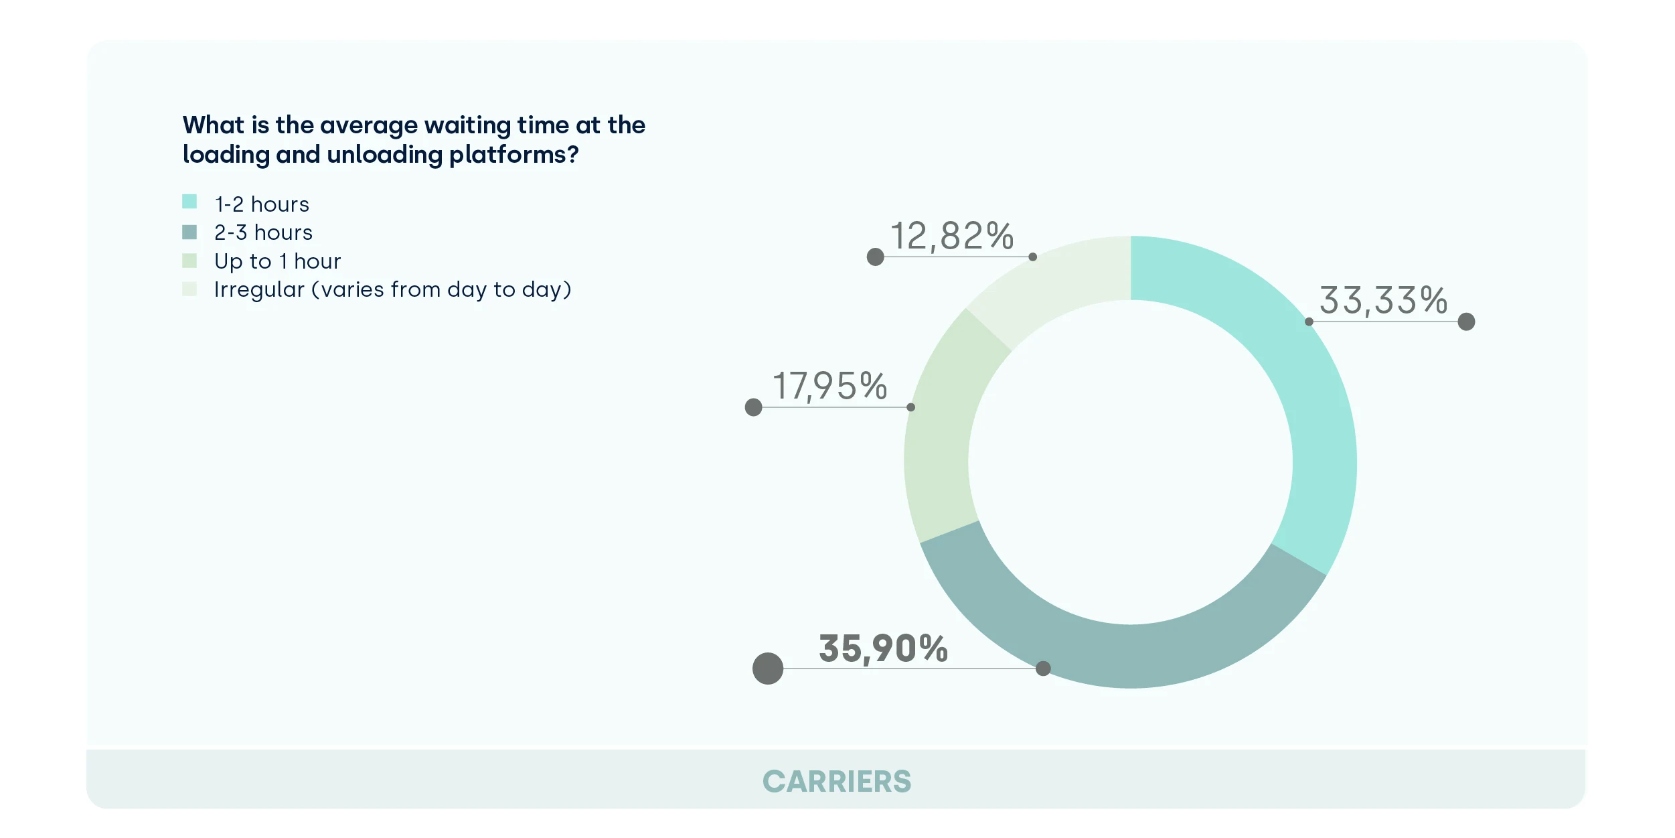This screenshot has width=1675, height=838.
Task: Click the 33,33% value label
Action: pos(1383,300)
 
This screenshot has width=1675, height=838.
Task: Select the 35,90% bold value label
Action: pos(883,648)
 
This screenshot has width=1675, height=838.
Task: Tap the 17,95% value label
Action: pos(830,386)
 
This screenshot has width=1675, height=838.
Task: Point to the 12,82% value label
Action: pos(951,236)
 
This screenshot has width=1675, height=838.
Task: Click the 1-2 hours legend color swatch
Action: pos(189,202)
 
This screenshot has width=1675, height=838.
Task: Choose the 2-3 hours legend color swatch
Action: pos(189,232)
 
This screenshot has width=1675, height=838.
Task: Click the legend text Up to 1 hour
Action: pos(277,261)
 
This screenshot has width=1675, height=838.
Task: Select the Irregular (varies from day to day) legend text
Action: pos(392,289)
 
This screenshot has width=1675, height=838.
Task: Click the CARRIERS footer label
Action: pos(837,781)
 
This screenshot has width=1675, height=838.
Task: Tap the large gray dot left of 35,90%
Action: pos(768,669)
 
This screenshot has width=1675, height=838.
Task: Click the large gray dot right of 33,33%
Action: pos(1466,322)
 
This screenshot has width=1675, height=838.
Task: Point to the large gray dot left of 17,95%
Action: pos(754,407)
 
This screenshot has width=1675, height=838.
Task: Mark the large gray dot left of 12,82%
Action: pos(876,257)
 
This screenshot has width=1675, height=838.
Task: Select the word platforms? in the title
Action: pos(513,155)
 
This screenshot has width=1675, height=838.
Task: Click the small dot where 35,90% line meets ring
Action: pos(1043,669)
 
